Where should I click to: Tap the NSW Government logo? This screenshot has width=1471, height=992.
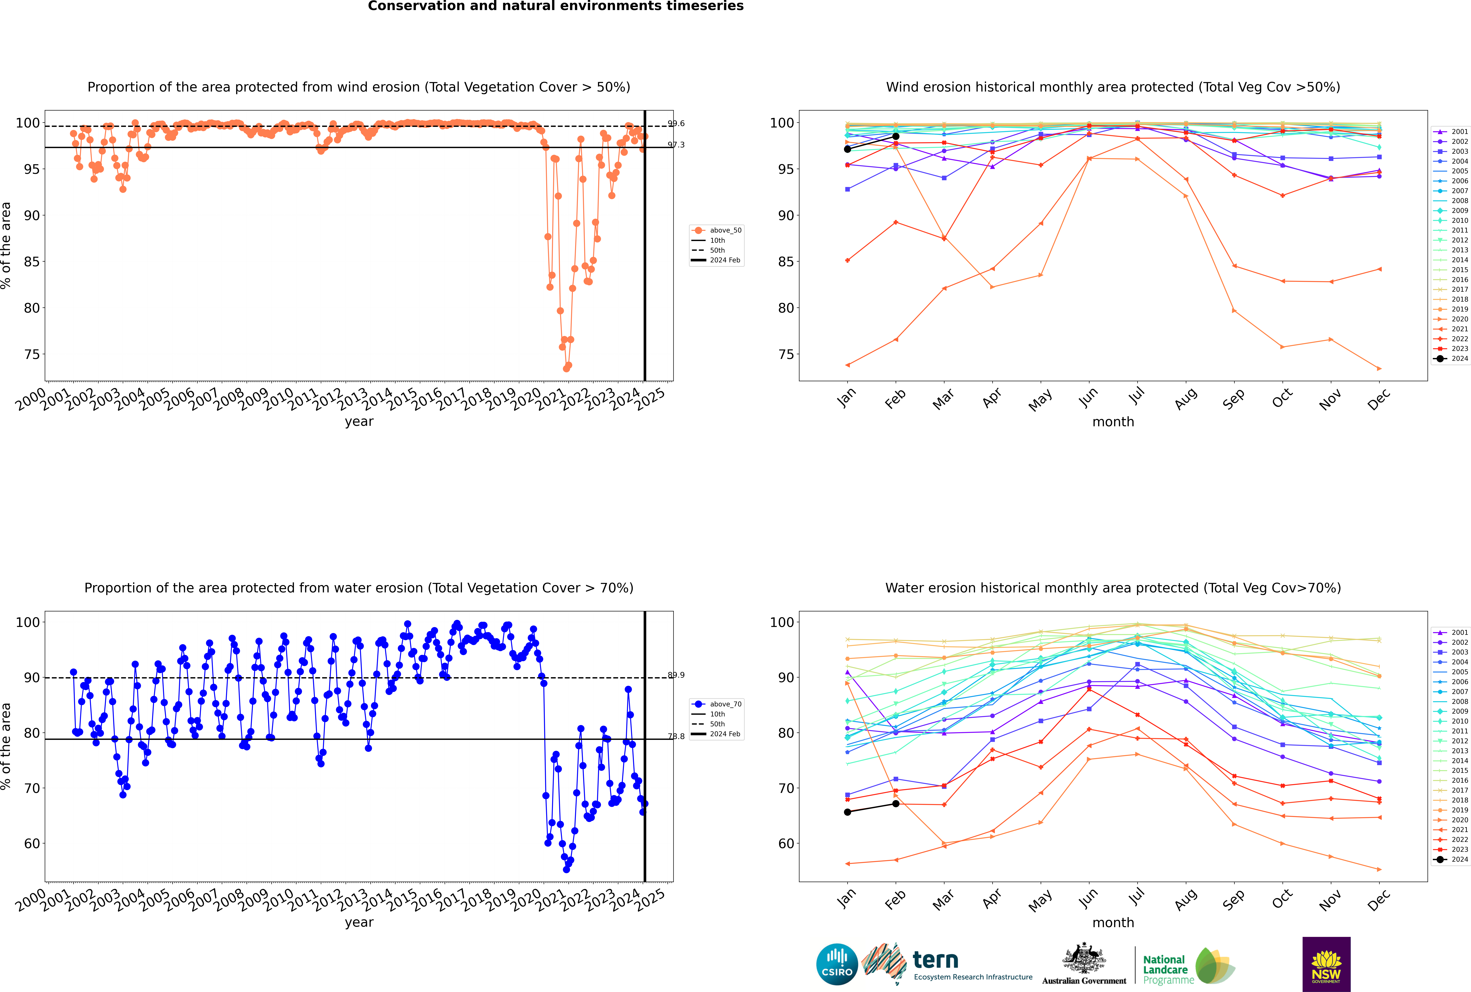(1326, 964)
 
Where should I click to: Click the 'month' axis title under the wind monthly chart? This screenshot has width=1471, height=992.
(1113, 422)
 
